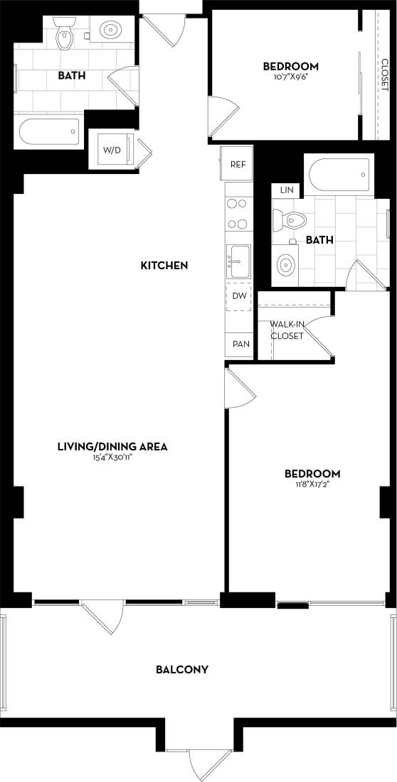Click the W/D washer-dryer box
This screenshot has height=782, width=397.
pos(112,151)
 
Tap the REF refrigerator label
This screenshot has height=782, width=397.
pos(238,164)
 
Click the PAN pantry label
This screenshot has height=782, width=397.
pos(240,344)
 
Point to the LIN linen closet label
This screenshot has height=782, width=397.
pos(287,190)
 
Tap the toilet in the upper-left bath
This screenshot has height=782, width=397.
pos(65,37)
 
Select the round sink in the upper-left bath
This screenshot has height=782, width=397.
pos(110,31)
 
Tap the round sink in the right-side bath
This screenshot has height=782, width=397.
pos(285,265)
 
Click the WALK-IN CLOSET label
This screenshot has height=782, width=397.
pos(287,330)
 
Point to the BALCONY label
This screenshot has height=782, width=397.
pos(182,669)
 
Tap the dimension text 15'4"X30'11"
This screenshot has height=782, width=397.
pos(112,458)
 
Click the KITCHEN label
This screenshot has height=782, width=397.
pos(164,266)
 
